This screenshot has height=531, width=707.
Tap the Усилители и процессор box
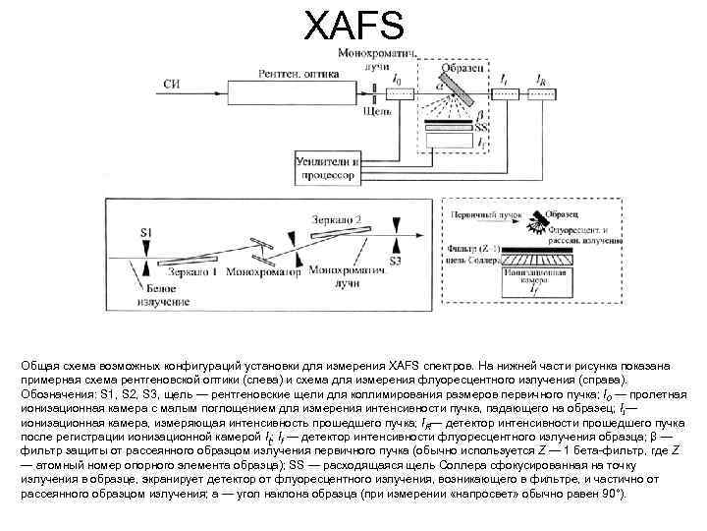click(x=329, y=167)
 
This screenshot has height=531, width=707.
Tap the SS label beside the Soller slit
click(x=482, y=128)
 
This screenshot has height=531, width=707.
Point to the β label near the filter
click(x=480, y=116)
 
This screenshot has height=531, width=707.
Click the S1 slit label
click(x=145, y=231)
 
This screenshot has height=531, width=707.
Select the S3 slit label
click(x=395, y=262)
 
